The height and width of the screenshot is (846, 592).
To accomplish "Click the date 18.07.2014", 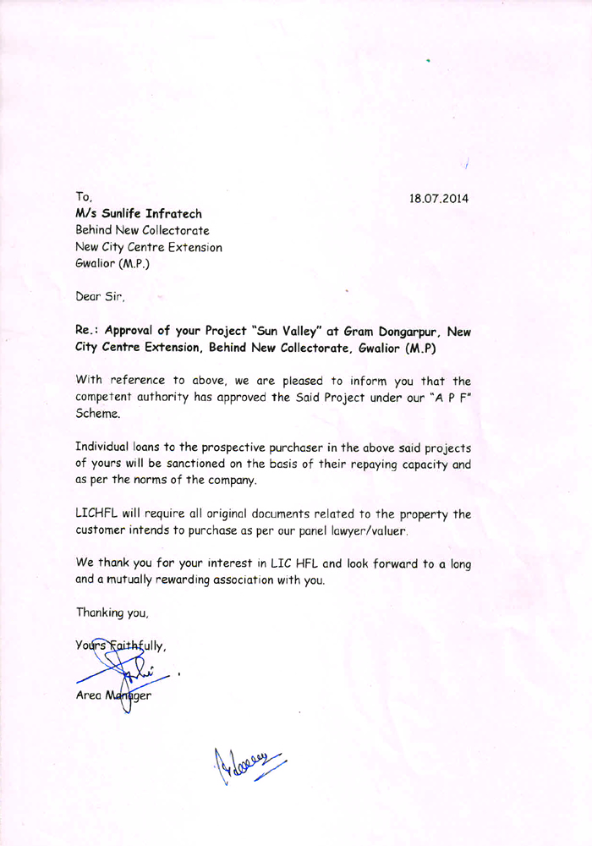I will (x=439, y=199).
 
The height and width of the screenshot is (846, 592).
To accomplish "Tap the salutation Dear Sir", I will (x=101, y=297).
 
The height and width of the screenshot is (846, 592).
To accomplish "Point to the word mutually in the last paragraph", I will (x=128, y=580).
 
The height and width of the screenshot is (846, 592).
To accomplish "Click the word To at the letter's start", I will (x=83, y=197).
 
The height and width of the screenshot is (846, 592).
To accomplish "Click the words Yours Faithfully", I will (x=121, y=646).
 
